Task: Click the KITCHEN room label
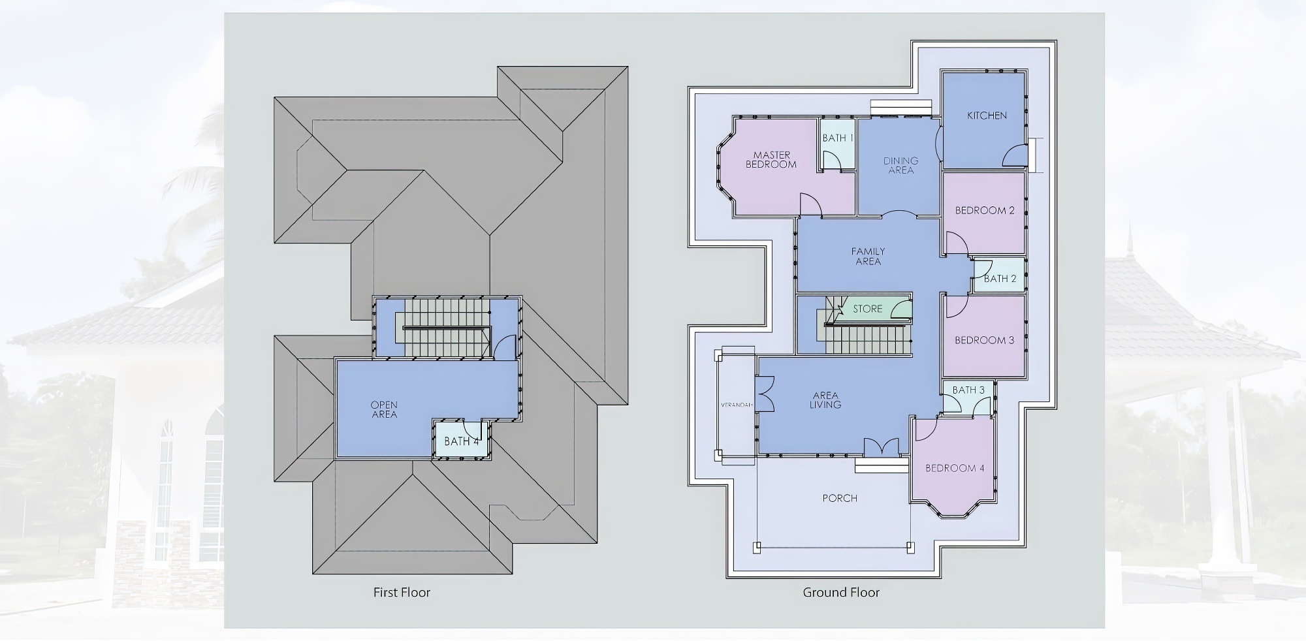tap(987, 116)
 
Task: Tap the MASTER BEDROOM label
tap(771, 160)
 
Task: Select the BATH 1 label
tap(838, 138)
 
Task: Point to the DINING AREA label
tap(901, 165)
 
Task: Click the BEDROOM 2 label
tap(985, 210)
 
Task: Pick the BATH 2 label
tap(1000, 279)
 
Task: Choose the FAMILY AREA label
tap(868, 256)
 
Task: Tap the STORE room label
tap(867, 309)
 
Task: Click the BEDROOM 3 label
tap(984, 340)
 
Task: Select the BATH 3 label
tap(968, 390)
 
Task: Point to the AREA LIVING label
tap(825, 400)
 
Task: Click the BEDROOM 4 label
tap(955, 468)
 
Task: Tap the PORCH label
tap(840, 498)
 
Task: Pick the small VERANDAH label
tap(737, 405)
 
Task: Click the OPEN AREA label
tap(384, 409)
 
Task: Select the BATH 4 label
tap(462, 441)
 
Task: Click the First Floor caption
tap(402, 592)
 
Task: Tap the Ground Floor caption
tap(841, 592)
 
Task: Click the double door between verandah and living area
tap(765, 394)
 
